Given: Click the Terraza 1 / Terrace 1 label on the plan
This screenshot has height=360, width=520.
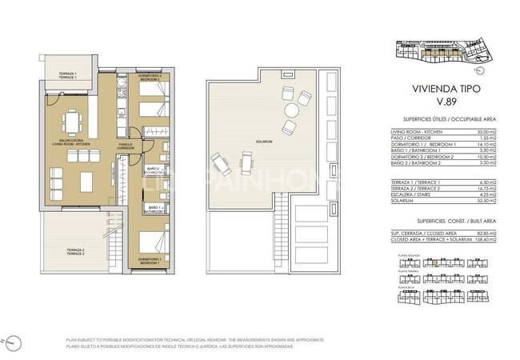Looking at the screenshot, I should (66, 75).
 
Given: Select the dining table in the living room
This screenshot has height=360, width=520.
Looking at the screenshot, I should (74, 120).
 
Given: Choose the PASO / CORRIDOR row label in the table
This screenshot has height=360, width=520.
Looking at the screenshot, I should (410, 137).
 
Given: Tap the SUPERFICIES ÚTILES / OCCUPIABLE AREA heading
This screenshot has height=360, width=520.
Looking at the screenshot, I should (442, 118).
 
